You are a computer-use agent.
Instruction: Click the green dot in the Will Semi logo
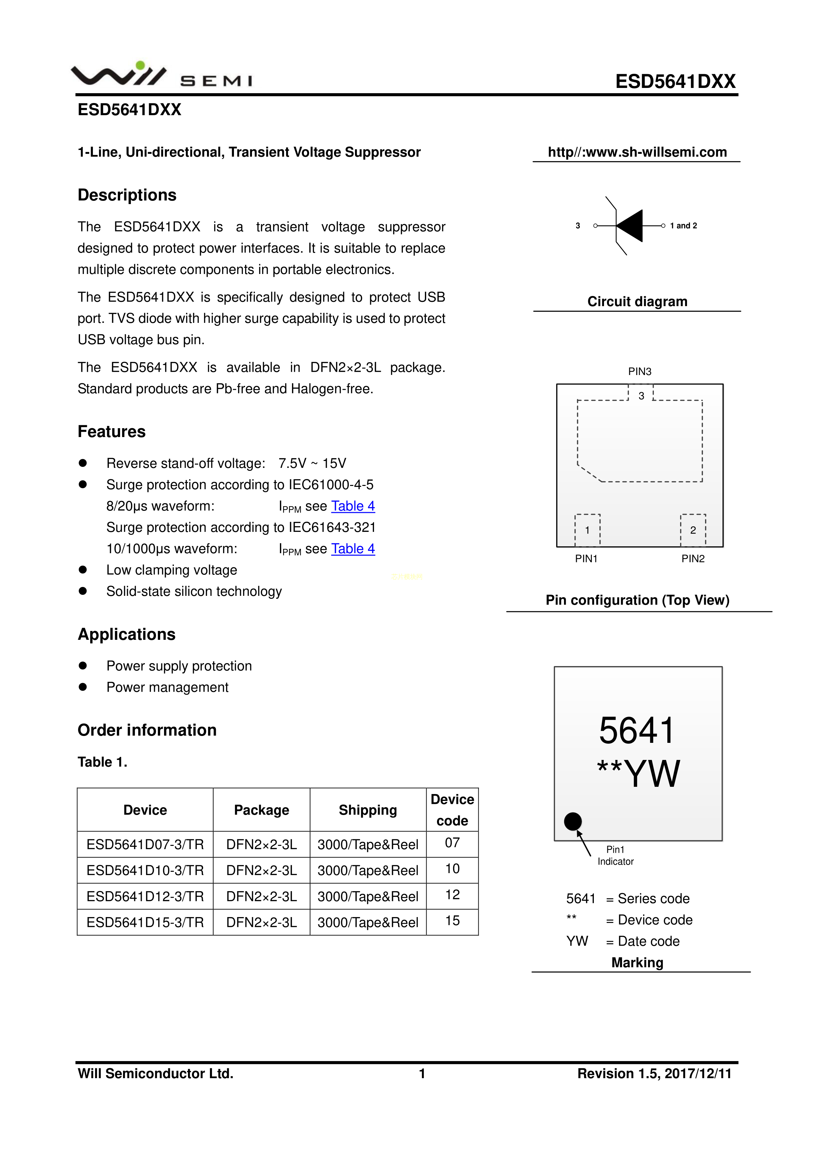[x=140, y=65]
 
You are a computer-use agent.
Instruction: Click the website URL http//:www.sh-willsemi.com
[x=637, y=152]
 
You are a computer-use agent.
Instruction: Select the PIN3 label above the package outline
[x=639, y=371]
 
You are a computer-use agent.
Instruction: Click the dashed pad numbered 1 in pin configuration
[x=587, y=530]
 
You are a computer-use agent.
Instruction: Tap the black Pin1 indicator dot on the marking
[x=573, y=821]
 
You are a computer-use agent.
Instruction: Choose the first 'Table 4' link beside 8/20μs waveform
[x=353, y=506]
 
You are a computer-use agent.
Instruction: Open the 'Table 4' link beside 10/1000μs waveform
[x=353, y=549]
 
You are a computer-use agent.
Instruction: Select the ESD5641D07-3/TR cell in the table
[x=145, y=845]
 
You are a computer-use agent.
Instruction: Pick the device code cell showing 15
[x=452, y=921]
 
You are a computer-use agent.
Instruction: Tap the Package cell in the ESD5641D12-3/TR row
[x=261, y=896]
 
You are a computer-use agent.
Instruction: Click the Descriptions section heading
[x=127, y=195]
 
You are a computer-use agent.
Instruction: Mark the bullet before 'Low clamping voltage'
[x=83, y=570]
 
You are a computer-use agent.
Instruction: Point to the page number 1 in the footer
[x=422, y=1073]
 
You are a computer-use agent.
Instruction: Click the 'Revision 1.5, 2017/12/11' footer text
[x=654, y=1073]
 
